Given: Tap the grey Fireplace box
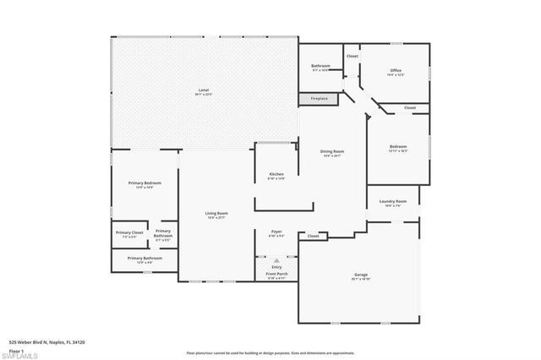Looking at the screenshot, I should point(319,99).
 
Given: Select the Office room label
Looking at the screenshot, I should point(395,70).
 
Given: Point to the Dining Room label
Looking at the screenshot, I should point(332,151).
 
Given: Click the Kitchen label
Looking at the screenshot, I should point(276,174).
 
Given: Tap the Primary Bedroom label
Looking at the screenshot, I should point(145,183).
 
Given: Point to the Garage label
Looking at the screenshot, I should point(361,275).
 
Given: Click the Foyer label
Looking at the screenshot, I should point(276,231).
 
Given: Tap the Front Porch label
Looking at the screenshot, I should point(276,274).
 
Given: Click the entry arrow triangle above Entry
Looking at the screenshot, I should point(276,260).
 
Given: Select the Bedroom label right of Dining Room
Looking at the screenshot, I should point(398,147).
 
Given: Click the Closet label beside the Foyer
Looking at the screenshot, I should point(314,237).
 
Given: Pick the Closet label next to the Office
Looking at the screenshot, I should point(352,56).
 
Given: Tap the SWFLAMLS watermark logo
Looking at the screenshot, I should point(23,354).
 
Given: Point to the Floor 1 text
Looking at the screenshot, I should point(17,349).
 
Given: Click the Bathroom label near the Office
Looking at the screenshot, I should point(320,66).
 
